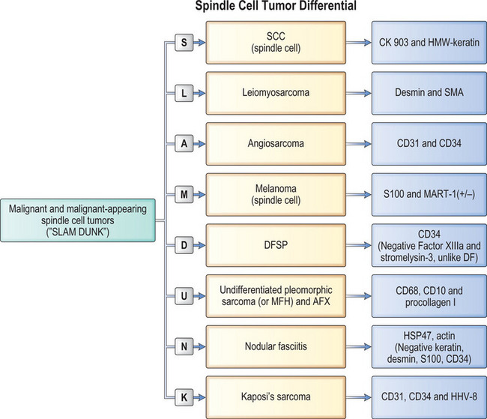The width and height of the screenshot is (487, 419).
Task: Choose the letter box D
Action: click(185, 244)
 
